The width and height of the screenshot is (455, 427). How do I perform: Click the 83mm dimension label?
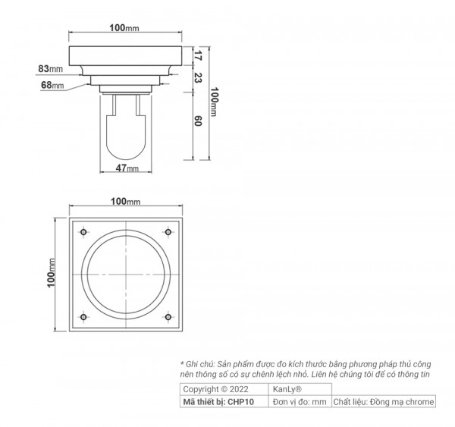tap(51, 69)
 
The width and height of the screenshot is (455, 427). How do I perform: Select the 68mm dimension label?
tap(52, 86)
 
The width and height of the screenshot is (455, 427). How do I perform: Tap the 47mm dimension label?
tap(127, 168)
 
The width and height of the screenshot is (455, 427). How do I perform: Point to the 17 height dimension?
tap(198, 56)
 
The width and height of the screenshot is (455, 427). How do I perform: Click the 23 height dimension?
tap(198, 77)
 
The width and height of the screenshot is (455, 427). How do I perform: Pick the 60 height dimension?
tap(198, 121)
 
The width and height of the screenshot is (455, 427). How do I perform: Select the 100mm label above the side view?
tap(126, 28)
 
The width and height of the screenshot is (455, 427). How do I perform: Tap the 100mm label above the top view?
tap(126, 201)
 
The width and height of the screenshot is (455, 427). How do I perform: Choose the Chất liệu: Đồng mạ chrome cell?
tap(384, 401)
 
